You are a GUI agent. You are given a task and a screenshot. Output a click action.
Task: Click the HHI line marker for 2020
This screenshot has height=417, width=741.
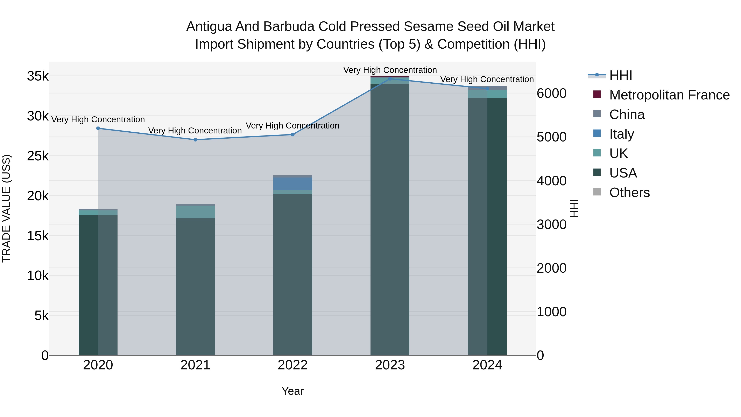[98, 128]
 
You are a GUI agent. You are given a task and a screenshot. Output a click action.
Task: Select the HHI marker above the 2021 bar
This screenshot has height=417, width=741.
[195, 140]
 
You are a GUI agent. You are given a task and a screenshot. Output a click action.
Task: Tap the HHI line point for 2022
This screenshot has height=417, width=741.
[292, 135]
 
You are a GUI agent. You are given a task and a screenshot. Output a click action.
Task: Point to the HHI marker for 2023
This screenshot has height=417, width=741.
[390, 79]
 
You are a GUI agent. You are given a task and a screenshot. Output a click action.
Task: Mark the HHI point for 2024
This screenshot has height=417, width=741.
[487, 89]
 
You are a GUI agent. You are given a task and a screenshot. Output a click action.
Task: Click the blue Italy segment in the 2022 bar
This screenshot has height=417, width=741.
[292, 184]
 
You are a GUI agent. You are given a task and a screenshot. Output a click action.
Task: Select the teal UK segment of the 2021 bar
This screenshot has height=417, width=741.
[195, 212]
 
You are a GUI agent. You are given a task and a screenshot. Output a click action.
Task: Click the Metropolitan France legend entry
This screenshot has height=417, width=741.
[669, 95]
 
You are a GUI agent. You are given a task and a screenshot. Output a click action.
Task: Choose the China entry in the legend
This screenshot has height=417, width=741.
[627, 114]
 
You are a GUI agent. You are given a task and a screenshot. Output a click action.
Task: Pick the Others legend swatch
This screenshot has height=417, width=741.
[597, 192]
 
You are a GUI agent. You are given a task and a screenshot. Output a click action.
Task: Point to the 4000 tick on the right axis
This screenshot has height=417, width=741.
[551, 181]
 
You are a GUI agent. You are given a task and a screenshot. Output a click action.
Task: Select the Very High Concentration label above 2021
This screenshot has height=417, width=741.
[195, 131]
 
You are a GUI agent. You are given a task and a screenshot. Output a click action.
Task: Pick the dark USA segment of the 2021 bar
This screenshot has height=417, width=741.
[195, 288]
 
